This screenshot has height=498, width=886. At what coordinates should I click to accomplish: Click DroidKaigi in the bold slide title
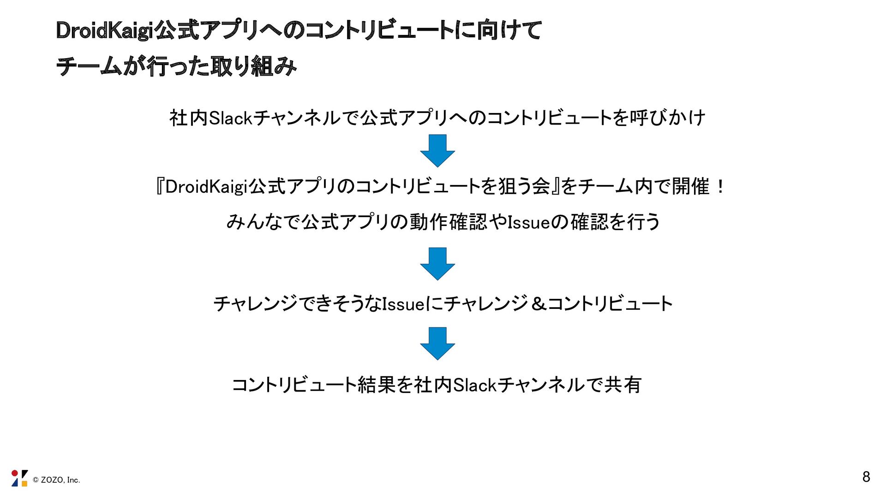click(104, 31)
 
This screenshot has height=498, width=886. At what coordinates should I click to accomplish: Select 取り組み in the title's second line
click(253, 66)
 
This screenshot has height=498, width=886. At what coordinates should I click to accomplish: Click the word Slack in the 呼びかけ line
click(230, 118)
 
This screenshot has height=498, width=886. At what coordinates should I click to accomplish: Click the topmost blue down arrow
click(437, 150)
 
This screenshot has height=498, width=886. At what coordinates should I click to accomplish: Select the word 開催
click(690, 187)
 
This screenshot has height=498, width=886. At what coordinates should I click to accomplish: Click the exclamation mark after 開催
click(720, 187)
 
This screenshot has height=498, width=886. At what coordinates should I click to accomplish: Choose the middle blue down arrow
click(437, 263)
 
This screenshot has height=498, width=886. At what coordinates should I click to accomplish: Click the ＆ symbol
click(538, 304)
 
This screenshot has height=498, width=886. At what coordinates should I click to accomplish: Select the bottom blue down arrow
click(437, 343)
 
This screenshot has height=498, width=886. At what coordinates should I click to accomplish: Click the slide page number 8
click(866, 477)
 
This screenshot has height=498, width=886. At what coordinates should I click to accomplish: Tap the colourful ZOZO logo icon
click(19, 478)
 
